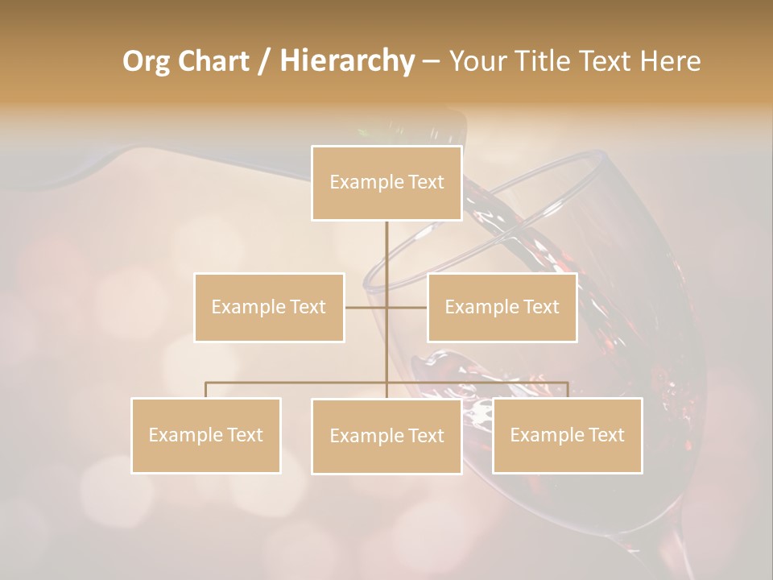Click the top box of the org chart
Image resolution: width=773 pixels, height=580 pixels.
386,183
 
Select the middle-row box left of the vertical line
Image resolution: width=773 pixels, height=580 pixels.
269,307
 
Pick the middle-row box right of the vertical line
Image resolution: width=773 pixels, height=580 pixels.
502,307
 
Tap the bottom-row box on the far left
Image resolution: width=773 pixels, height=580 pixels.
206,435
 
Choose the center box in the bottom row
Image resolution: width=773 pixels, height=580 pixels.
386,436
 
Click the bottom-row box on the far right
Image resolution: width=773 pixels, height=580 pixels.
567,435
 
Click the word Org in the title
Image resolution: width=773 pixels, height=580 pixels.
146,61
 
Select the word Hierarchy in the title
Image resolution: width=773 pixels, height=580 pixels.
346,61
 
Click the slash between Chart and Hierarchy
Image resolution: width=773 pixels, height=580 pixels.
264,61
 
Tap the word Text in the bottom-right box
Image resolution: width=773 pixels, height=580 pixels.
606,435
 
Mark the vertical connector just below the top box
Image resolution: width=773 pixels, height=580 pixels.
386,242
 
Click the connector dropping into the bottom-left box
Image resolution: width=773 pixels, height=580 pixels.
206,390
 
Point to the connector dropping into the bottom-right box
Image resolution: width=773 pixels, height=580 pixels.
567,390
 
